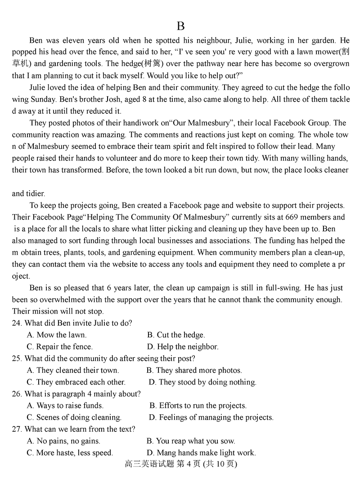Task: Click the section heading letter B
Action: tap(180, 26)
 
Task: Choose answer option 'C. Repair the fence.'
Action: tap(60, 346)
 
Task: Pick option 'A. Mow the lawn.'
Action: tap(57, 335)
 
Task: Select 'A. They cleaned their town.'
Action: tap(73, 370)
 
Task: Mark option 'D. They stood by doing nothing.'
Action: tap(202, 382)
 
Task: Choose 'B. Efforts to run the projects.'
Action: tap(198, 406)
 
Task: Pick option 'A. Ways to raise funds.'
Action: tap(65, 406)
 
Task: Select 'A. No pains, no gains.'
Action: tap(63, 441)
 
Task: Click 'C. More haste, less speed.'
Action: tap(70, 453)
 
